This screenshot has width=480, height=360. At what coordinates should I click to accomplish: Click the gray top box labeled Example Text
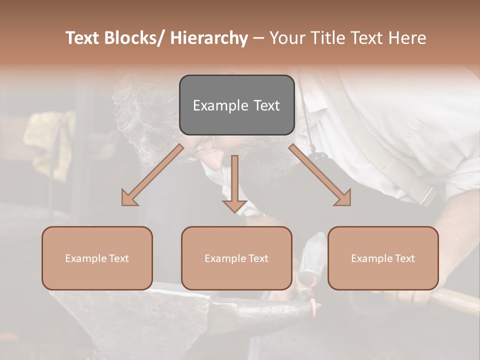coord(236,105)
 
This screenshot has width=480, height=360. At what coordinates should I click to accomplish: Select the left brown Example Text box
coord(97,258)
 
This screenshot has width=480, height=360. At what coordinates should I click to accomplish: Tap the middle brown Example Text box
coord(236,258)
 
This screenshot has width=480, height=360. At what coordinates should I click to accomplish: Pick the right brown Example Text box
coord(383,258)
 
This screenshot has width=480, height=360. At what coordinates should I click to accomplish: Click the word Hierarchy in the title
coord(209,38)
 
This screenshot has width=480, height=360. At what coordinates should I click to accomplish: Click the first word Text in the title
coord(84,38)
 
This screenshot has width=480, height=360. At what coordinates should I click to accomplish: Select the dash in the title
coord(258,38)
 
